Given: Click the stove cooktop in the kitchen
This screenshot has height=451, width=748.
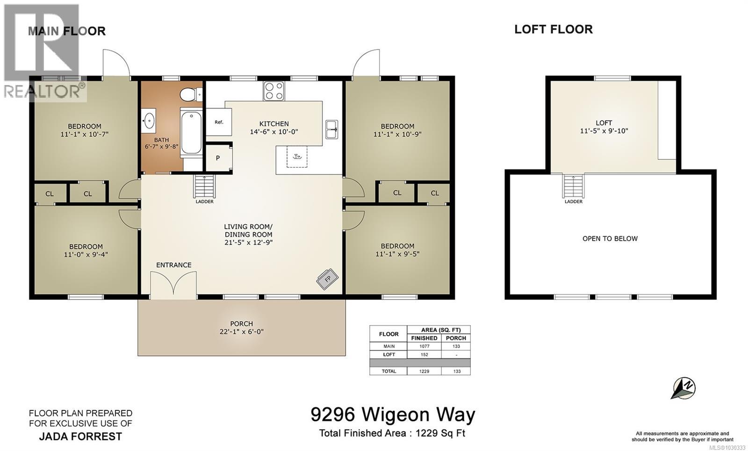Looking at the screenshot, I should pos(273,91).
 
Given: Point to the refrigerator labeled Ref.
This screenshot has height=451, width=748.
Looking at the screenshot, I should pos(219,122).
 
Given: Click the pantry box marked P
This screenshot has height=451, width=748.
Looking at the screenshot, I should pos(218,158).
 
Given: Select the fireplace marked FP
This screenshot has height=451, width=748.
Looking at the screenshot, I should pos(327,279).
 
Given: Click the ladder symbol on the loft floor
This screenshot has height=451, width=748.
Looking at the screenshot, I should pos(574,186).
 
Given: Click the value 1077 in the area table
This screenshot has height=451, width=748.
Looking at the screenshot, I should pos(424,346).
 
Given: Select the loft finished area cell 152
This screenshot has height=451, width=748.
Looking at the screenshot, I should pos(424,355).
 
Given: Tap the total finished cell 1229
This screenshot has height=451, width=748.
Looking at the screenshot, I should pos(424,371).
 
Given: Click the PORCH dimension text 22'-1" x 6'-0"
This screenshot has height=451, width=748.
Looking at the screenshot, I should pos(242,332).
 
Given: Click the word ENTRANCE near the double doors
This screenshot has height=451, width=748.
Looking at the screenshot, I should pos(174,265).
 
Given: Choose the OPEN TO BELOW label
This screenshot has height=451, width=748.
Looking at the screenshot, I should pos(610,238).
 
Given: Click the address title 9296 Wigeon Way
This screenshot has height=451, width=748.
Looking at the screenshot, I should pos(393,414).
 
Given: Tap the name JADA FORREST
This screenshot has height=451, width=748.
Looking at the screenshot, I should pos(80,437).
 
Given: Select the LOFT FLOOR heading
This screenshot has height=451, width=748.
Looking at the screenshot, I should pos(553,29).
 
